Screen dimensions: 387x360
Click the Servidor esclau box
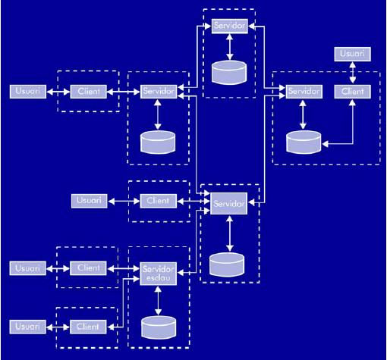click(159, 274)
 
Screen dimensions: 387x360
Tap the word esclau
click(159, 278)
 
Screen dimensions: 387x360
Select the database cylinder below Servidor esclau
click(159, 327)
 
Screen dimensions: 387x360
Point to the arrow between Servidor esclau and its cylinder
click(158, 300)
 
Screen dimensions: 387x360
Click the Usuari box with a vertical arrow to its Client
click(352, 54)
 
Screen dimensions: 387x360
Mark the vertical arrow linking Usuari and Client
click(352, 73)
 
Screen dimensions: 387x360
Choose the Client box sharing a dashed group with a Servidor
click(352, 92)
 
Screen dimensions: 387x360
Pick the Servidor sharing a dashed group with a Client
click(304, 92)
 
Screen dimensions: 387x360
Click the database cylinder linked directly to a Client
click(304, 142)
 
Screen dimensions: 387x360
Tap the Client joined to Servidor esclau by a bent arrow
click(88, 327)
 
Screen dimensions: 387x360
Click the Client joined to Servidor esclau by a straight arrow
click(88, 268)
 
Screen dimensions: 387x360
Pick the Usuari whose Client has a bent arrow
click(28, 327)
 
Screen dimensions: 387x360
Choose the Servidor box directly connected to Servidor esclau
click(229, 203)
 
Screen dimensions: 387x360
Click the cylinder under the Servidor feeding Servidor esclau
click(227, 265)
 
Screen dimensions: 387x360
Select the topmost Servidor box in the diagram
click(230, 26)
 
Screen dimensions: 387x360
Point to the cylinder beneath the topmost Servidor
click(229, 72)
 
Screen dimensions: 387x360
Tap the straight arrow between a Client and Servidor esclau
click(124, 269)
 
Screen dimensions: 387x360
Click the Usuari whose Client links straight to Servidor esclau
click(28, 268)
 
